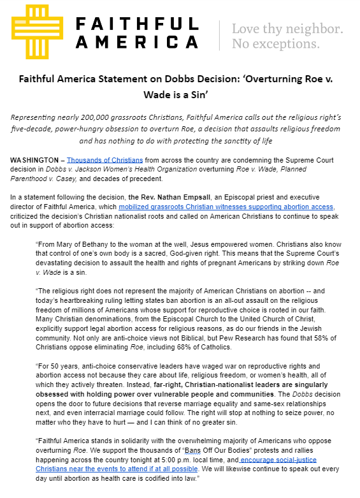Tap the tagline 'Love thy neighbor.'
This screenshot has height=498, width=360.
click(287, 29)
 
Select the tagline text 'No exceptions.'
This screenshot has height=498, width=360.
click(275, 44)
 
